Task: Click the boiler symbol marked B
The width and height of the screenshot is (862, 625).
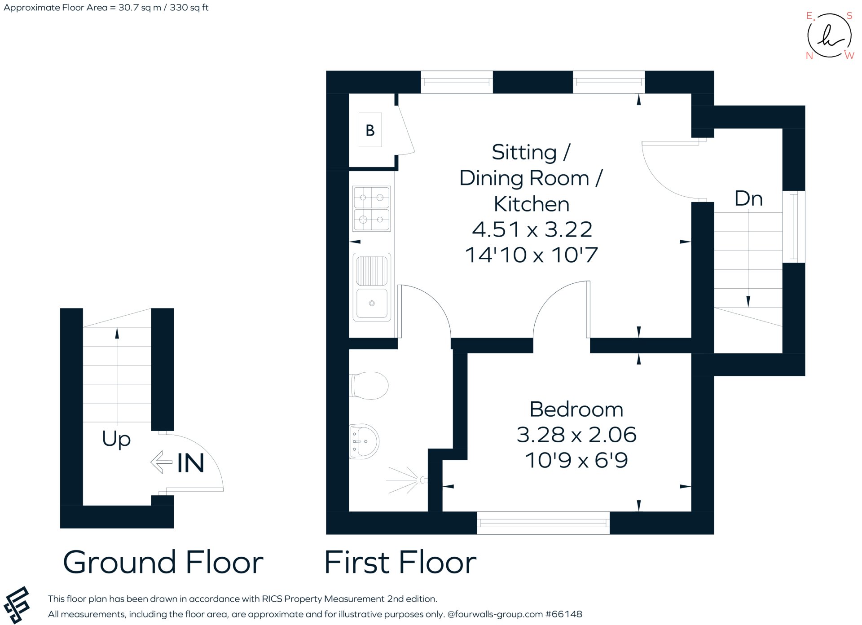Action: (370, 130)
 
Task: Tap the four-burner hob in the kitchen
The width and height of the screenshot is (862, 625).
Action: (371, 209)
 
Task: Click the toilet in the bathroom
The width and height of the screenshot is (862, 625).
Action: (369, 385)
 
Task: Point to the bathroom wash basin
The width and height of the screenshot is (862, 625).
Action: (365, 441)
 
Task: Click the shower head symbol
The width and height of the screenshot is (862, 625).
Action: (422, 480)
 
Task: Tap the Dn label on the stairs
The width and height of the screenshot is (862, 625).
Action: (748, 198)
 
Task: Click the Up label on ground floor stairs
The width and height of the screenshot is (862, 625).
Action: (116, 439)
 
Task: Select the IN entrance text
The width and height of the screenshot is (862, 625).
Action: (190, 463)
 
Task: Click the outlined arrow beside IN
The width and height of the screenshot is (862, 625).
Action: (161, 462)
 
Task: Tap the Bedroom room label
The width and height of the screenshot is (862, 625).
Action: (576, 409)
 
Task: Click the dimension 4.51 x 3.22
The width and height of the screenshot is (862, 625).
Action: (532, 230)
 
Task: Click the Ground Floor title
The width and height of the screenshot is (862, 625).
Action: (163, 563)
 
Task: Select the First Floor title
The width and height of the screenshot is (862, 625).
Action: (400, 563)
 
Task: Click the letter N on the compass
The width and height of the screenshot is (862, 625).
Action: (809, 56)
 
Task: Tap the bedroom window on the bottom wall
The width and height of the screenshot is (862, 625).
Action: (543, 523)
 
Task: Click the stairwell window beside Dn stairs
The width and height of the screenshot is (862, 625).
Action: (793, 227)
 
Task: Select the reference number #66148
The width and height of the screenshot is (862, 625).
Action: (563, 614)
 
